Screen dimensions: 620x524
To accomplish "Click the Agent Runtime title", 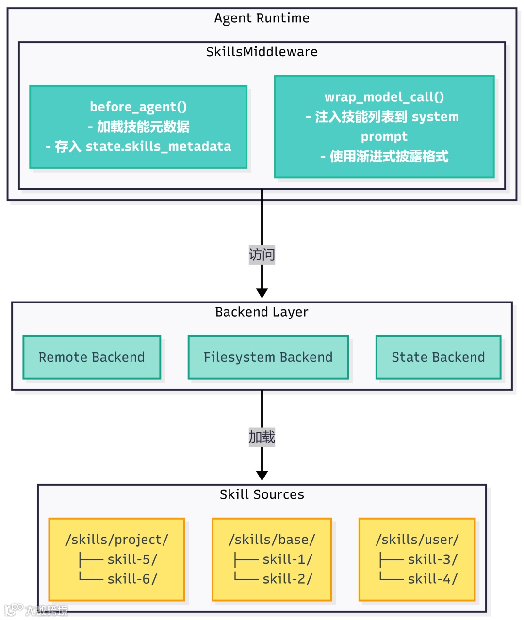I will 262,18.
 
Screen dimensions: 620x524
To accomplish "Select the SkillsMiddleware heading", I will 262,52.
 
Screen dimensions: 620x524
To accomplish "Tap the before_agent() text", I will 138,107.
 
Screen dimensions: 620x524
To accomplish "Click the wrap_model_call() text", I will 384,97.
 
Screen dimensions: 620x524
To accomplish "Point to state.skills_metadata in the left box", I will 158,146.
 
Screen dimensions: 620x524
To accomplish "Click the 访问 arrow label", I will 262,254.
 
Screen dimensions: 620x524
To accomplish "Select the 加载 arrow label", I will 262,437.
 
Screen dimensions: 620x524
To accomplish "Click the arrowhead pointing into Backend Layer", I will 262,293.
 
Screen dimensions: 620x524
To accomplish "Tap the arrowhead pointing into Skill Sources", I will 262,476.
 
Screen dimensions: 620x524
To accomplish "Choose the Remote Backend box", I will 92,357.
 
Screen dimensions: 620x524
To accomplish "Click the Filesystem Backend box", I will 268,357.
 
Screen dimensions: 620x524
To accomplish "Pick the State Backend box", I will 438,357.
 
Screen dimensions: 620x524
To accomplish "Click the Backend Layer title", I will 262,312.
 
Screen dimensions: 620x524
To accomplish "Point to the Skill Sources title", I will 262,494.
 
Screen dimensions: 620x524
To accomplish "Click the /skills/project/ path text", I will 117,540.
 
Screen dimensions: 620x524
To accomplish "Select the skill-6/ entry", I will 132,579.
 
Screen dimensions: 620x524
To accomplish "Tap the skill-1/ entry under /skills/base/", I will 287,559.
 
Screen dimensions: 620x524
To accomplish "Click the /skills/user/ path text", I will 417,540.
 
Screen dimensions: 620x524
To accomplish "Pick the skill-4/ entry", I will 432,579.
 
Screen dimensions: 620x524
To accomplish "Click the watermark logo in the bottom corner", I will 15,609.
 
